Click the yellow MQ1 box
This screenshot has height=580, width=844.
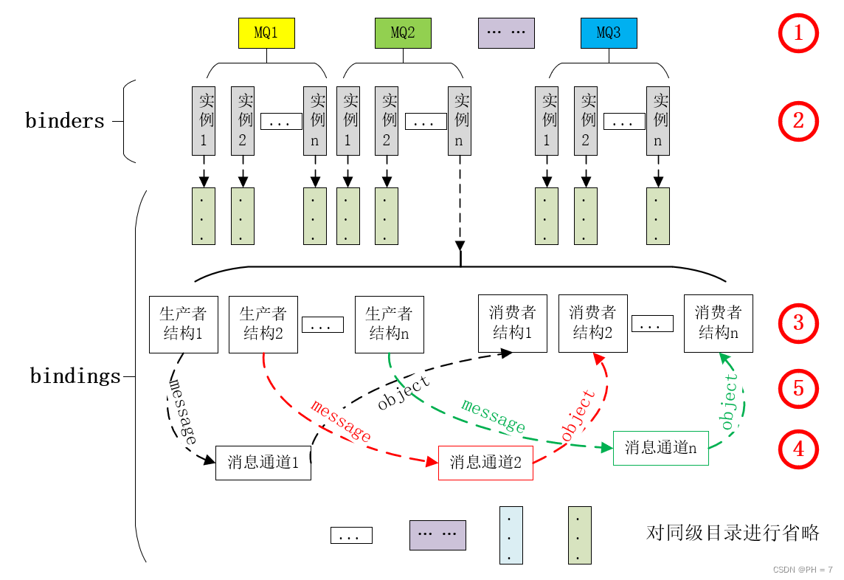[x=266, y=33]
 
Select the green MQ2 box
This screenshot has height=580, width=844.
[x=403, y=33]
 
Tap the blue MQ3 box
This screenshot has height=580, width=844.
[x=609, y=33]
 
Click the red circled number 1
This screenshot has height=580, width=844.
[x=798, y=34]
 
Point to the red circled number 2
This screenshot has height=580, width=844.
[x=798, y=122]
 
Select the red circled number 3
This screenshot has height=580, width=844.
[x=798, y=323]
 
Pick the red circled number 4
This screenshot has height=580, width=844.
[x=798, y=449]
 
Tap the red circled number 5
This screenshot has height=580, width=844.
[x=798, y=389]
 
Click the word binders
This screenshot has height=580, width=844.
[x=65, y=121]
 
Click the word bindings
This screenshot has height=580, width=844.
[x=75, y=376]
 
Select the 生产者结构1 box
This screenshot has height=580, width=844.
[x=182, y=324]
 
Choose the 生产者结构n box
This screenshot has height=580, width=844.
[x=389, y=324]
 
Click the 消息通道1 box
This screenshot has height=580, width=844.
[x=263, y=463]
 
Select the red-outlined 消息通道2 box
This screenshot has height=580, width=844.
[x=485, y=463]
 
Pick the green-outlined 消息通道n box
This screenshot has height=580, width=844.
[x=660, y=448]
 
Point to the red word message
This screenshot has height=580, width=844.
[x=341, y=421]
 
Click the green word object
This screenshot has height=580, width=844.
[x=730, y=402]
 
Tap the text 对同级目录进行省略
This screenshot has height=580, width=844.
[x=733, y=533]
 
